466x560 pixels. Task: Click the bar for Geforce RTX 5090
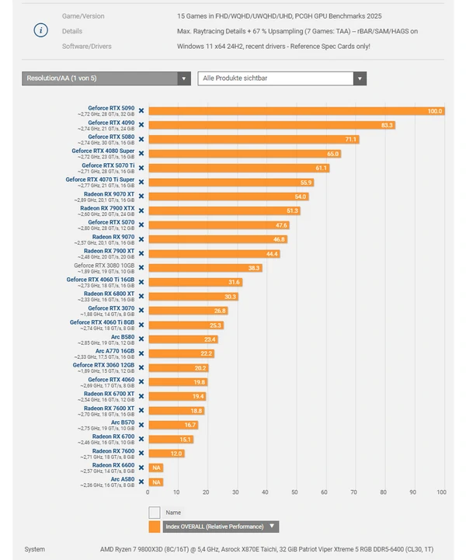[295, 111]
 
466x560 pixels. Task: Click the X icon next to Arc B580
[141, 339]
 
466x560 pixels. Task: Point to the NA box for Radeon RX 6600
[156, 468]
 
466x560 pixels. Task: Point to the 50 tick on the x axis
[295, 492]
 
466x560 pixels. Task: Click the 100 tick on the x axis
[441, 492]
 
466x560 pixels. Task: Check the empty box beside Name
[155, 513]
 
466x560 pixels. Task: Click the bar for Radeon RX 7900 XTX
[224, 210]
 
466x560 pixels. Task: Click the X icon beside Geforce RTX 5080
[141, 139]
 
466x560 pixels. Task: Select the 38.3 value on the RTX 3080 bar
[254, 268]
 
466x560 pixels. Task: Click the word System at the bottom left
[35, 549]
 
